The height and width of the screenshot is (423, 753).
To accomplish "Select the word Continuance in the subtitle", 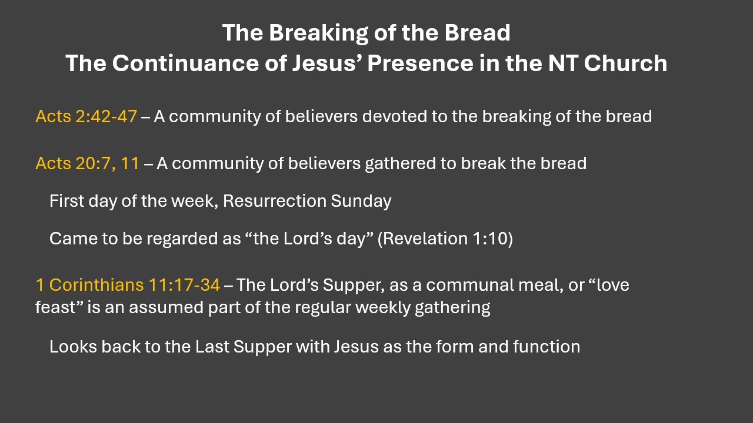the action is coord(185,63).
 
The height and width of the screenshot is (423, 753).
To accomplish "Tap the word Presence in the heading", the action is coord(420,63).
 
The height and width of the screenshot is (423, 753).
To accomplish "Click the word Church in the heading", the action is coord(625,63).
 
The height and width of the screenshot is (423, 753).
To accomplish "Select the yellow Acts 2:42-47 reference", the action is coord(86,116).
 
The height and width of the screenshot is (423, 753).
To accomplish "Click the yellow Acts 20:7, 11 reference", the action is coord(88,163).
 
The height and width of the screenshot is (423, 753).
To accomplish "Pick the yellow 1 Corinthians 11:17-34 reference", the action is coord(128,285).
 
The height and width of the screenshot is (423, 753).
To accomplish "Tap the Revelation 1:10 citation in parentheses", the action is coord(445,239).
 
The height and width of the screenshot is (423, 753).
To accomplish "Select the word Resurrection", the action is coord(275,201).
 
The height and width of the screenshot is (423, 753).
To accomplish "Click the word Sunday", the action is coord(361,202).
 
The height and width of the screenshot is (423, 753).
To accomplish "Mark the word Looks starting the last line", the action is coord(74,347).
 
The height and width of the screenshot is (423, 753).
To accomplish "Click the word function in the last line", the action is coord(547,347).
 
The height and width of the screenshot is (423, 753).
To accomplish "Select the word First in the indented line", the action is coord(66,201).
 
